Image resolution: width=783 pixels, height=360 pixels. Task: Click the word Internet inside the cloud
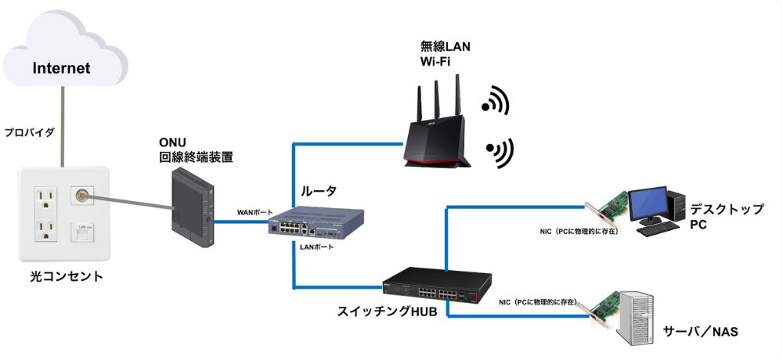tap(61, 68)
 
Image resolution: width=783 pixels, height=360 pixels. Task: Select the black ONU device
tap(191, 209)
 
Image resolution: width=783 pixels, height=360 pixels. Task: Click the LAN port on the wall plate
tap(82, 233)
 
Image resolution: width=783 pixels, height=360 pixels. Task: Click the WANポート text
tap(255, 213)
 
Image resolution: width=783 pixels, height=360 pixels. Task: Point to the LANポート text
tap(316, 247)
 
